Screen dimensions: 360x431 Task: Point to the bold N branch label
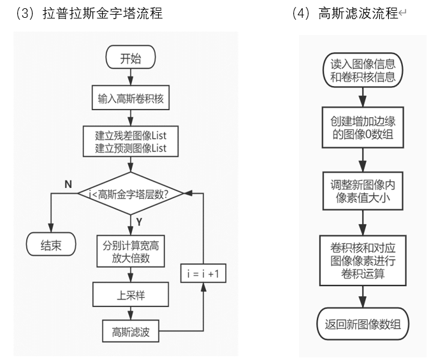pos(67,184)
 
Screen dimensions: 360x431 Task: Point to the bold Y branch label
pos(139,223)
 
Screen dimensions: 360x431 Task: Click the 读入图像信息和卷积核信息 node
pos(363,71)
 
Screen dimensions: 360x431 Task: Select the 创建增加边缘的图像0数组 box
pos(363,127)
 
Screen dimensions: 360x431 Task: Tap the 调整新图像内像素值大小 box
pos(363,191)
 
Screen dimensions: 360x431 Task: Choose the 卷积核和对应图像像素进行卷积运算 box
pos(363,259)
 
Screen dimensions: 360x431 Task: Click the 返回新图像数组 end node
pos(363,324)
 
